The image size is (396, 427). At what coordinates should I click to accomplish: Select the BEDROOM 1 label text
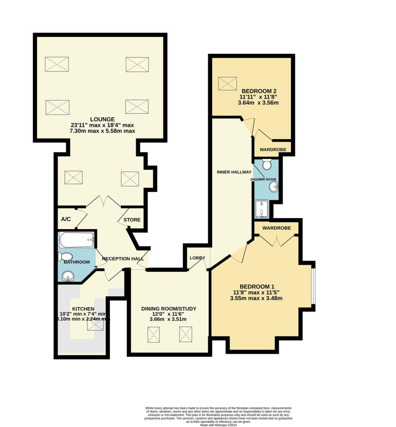256,286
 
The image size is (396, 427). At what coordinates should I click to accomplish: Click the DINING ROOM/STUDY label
168,309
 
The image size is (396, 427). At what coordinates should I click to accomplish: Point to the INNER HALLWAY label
234,172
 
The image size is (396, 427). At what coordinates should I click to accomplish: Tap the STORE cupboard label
132,220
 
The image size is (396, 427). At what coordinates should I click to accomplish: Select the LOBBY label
198,258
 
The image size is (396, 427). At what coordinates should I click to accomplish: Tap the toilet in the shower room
267,165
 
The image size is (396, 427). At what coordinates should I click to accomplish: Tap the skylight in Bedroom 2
228,83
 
